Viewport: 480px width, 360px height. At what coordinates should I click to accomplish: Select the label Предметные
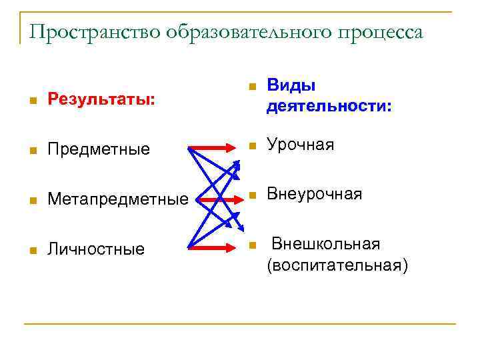coord(98,149)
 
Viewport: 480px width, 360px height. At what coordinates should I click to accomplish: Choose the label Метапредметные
coord(117,199)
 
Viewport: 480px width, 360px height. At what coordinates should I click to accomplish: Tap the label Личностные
coord(95,249)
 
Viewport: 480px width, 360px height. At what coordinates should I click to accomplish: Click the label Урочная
coord(300,145)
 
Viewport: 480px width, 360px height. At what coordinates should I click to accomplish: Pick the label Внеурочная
coord(314,194)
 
